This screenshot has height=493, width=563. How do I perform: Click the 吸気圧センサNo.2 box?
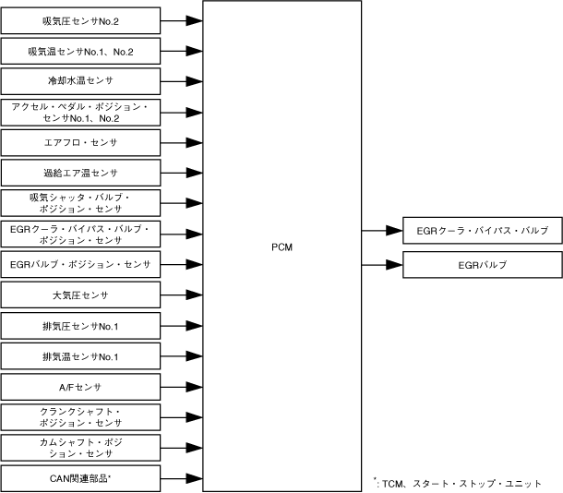[x=80, y=18]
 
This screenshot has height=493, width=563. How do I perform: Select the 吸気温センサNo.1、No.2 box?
[x=80, y=49]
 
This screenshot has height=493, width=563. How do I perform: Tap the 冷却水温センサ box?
[x=80, y=79]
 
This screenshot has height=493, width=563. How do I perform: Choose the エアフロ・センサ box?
[x=80, y=143]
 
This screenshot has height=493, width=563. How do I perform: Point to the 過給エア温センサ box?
[x=80, y=173]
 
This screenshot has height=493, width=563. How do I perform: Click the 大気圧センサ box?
[x=80, y=295]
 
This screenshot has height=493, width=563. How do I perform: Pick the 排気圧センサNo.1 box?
[x=80, y=325]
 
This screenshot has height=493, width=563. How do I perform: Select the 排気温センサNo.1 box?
[x=80, y=355]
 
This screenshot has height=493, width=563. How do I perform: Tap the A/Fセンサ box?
[x=80, y=386]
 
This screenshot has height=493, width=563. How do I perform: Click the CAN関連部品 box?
[x=80, y=477]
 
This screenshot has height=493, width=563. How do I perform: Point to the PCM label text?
[x=283, y=246]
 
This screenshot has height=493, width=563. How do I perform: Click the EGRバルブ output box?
[x=483, y=265]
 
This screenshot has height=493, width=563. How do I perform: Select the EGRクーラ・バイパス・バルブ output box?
[x=483, y=229]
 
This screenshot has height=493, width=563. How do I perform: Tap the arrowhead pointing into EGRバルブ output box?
[x=394, y=265]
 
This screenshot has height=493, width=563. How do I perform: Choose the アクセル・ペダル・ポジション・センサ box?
[x=80, y=113]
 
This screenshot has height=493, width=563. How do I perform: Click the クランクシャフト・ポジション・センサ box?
[x=80, y=416]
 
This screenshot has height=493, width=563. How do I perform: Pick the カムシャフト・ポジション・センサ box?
[x=80, y=447]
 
